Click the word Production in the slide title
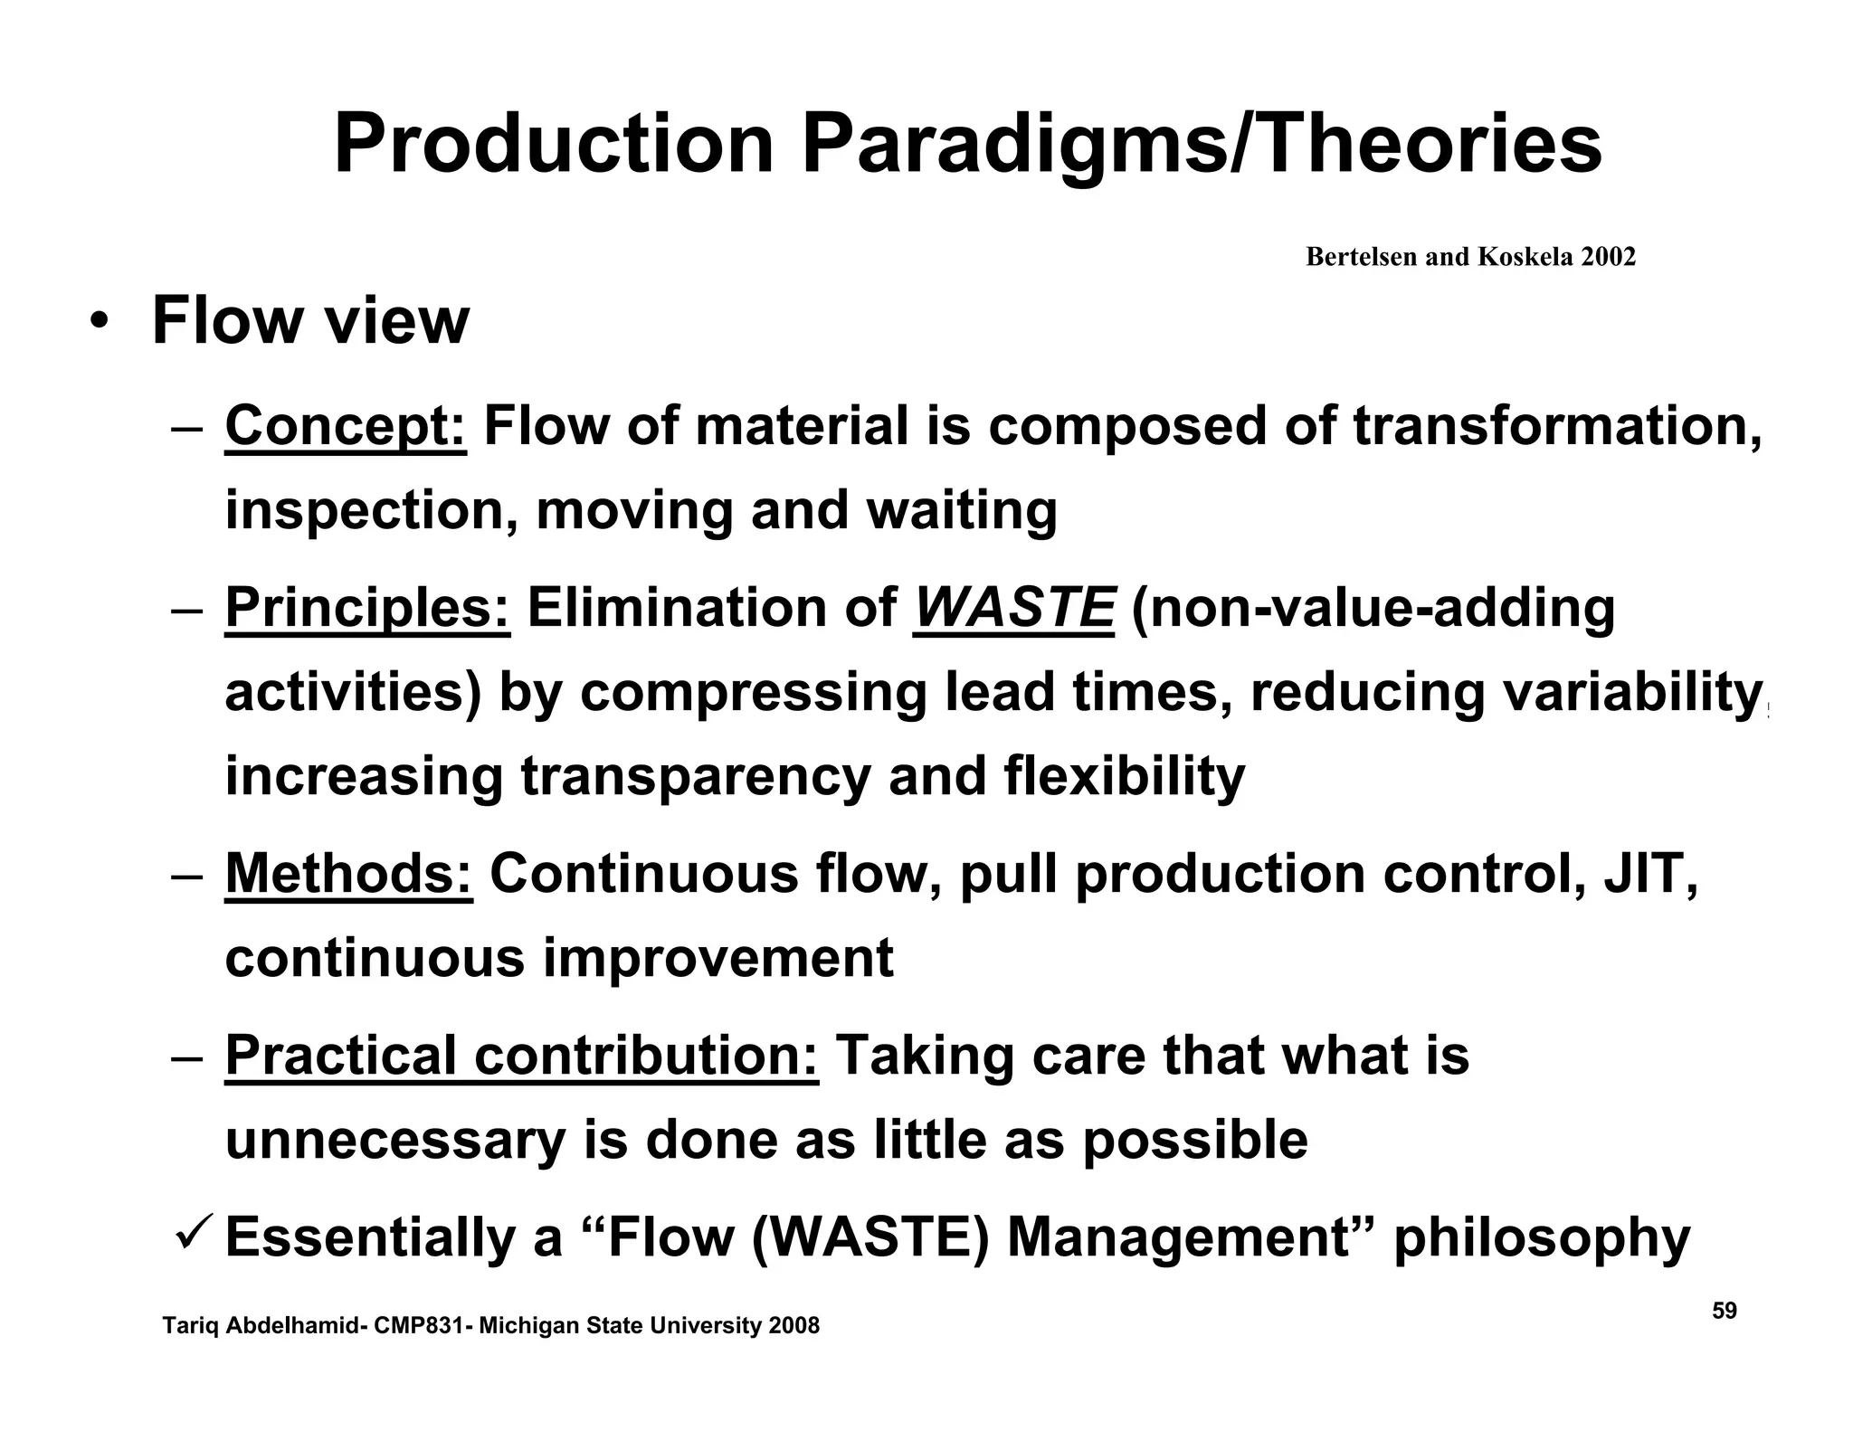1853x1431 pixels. point(554,145)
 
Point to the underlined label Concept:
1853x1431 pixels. point(346,426)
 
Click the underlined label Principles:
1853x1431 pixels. point(367,608)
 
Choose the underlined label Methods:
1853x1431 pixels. point(348,875)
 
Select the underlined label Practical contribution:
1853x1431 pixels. point(522,1056)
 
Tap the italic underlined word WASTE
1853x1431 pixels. point(1014,608)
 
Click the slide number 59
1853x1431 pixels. point(1725,1311)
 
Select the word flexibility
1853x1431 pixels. point(1125,777)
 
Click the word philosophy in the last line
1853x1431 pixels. point(1542,1237)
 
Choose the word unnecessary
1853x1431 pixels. point(395,1141)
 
